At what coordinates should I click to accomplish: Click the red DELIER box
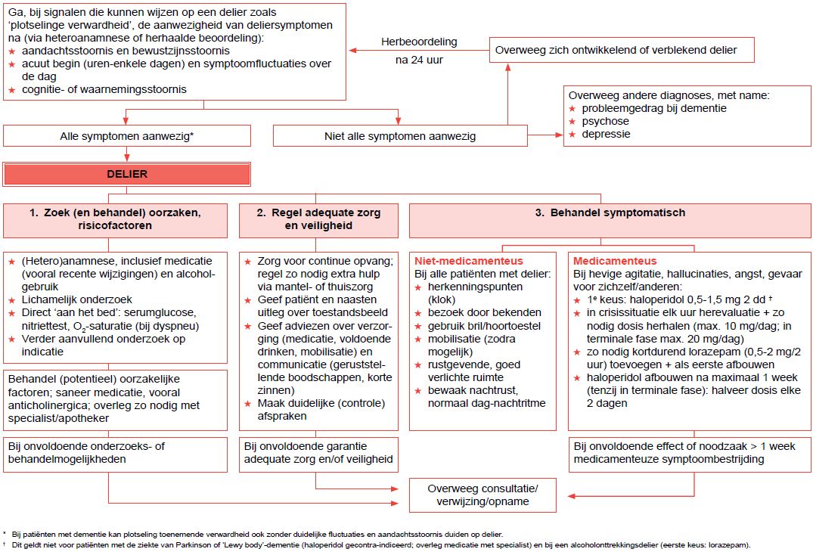point(126,174)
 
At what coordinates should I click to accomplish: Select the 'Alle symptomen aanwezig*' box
point(126,136)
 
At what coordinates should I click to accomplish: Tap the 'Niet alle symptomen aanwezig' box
point(399,136)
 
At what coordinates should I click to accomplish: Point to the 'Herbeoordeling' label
point(419,42)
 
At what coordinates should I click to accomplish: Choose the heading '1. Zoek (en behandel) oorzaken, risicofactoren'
point(116,219)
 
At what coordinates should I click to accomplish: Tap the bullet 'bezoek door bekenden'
point(484,312)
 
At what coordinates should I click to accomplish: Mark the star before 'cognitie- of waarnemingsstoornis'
point(11,90)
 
